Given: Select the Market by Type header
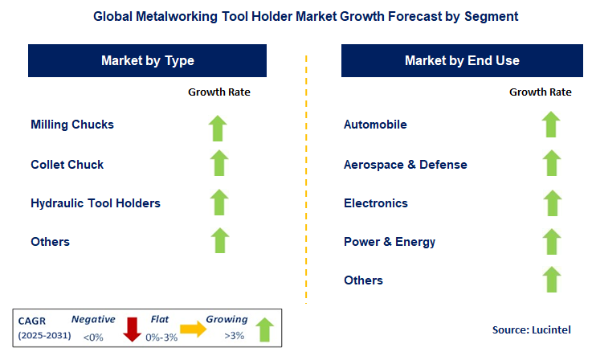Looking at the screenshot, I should click(x=148, y=60).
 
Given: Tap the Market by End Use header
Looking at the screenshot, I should click(x=462, y=60).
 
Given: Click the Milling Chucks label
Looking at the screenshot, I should click(x=72, y=125).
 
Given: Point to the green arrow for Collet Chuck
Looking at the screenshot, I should click(x=218, y=163).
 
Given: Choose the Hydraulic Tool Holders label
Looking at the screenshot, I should click(x=96, y=203).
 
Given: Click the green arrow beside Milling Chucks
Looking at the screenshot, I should click(x=218, y=127).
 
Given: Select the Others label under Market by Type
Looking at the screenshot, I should click(x=50, y=242).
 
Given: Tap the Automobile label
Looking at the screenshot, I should click(x=375, y=125).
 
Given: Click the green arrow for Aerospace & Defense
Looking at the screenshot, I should click(x=550, y=163).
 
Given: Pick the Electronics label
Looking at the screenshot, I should click(x=376, y=203).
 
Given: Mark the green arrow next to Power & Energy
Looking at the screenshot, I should click(x=550, y=240).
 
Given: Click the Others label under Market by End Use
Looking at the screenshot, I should click(x=363, y=280).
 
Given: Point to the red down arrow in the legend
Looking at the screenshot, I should click(x=133, y=328).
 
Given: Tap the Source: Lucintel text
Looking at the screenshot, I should click(x=531, y=330).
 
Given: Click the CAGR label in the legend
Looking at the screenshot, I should click(x=33, y=320).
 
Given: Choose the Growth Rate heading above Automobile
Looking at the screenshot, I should click(x=541, y=92).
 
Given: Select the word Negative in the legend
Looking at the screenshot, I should click(x=92, y=319).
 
